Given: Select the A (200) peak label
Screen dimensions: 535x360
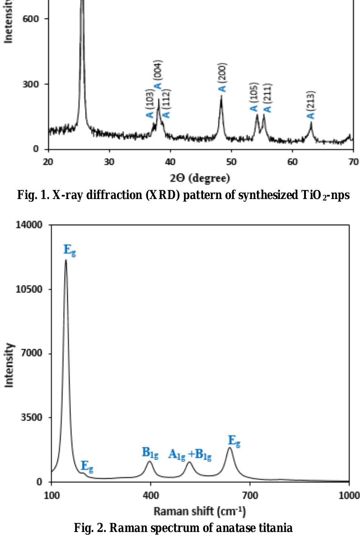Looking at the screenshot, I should pos(222,78).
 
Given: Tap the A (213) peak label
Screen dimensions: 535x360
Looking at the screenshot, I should pos(311,105).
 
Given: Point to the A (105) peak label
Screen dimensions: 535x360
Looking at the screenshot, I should pos(254,97).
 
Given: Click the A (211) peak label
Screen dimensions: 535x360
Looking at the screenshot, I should pos(267,98).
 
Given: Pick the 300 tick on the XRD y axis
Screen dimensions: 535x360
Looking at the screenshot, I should pos(31,84).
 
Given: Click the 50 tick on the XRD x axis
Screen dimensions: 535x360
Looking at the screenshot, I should pos(231,162).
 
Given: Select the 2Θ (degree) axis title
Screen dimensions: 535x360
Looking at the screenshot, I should pos(200,178).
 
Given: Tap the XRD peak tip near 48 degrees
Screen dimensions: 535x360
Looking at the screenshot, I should pos(221,96).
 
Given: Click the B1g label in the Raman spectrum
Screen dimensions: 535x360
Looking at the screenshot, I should pos(150,453).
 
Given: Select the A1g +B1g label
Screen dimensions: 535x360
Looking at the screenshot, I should pos(190,454).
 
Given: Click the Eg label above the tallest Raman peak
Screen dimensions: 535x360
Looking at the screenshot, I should pos(70,250).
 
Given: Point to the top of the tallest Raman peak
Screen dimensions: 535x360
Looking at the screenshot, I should pos(66,260).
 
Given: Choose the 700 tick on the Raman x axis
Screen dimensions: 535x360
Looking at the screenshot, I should pos(250,495).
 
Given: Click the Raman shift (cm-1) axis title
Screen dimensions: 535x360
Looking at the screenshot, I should pos(200,512).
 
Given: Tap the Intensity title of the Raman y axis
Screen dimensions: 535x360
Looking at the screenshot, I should pos(9,365).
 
